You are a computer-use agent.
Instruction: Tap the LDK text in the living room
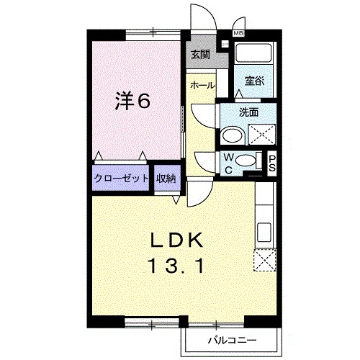coord(178,240)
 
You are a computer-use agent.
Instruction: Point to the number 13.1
coord(177,266)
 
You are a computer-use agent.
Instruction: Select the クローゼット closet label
coord(121,179)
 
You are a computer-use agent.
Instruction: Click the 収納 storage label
coord(166,179)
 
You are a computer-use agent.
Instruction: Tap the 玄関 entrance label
coord(199,54)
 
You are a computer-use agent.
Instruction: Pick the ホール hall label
coord(202,85)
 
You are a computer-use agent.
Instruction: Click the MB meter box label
coord(238,33)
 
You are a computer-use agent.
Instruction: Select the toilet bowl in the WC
coord(247,161)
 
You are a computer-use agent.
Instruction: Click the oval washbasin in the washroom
coord(232,135)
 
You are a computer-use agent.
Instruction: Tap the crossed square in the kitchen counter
coord(264,258)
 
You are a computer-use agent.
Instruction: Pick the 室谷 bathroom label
coord(253,81)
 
